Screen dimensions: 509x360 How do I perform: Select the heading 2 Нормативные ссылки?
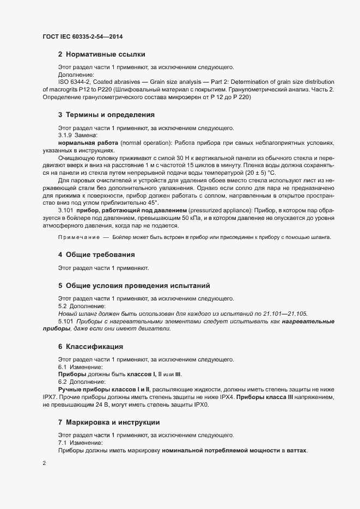[101, 54]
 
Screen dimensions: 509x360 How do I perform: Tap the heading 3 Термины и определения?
[106, 115]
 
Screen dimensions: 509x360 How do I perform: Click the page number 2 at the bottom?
[44, 463]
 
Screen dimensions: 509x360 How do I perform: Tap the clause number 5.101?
[65, 322]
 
